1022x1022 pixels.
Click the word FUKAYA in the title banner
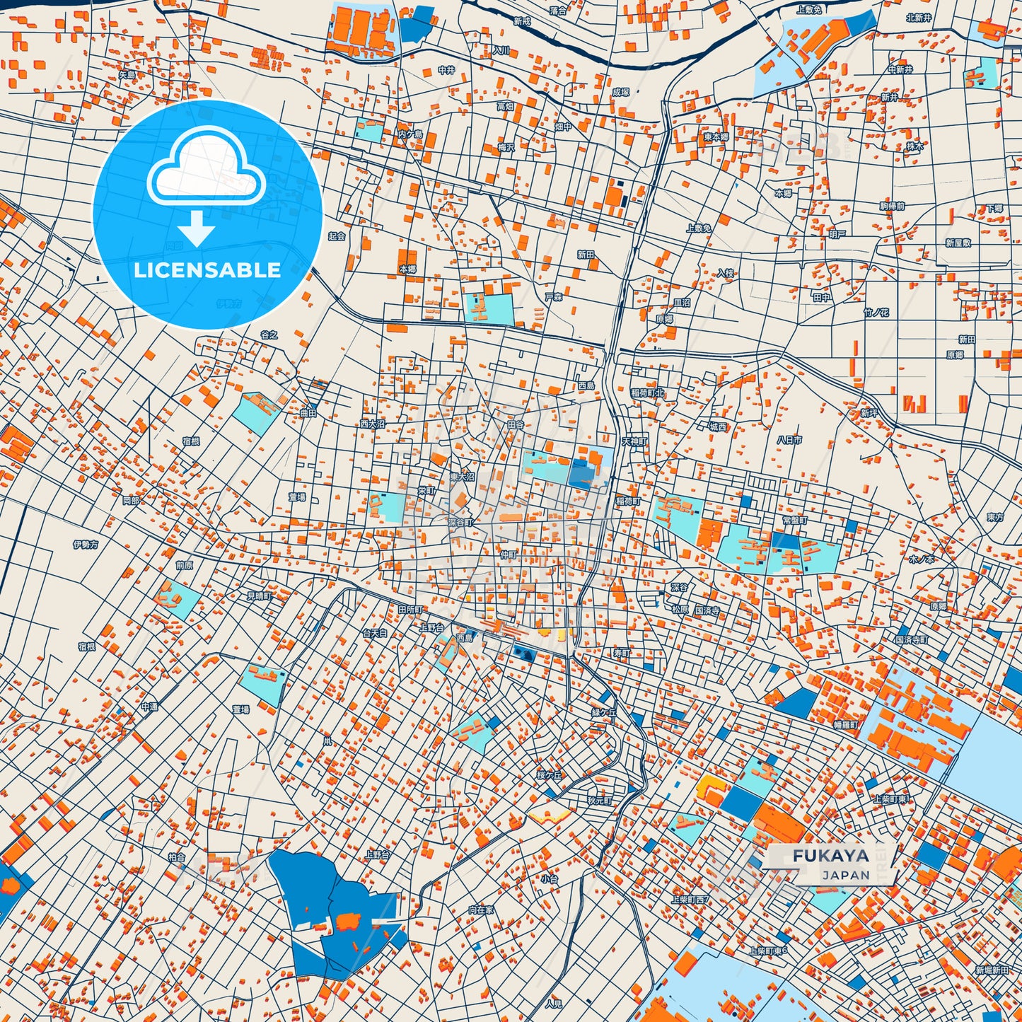coord(830,855)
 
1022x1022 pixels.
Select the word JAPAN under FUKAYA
coord(846,875)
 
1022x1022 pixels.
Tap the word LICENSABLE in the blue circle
coord(207,269)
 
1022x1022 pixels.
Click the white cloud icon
coord(206,169)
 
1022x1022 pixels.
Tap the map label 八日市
coord(789,439)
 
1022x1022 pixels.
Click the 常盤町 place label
coord(795,520)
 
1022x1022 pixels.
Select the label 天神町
coord(634,441)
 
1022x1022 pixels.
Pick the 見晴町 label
coord(259,596)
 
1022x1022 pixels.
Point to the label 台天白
coord(375,633)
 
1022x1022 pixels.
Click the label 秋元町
coord(599,801)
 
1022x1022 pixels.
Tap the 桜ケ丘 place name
coord(549,775)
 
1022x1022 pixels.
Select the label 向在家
coord(481,910)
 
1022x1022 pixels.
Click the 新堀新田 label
coord(992,970)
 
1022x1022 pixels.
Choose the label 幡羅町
coord(845,725)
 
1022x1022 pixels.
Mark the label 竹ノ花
coord(876,312)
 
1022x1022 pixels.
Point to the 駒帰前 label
coord(892,206)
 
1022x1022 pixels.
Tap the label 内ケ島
coord(410,134)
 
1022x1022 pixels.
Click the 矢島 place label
coord(127,74)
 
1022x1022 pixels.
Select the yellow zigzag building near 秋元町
coord(550,816)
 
